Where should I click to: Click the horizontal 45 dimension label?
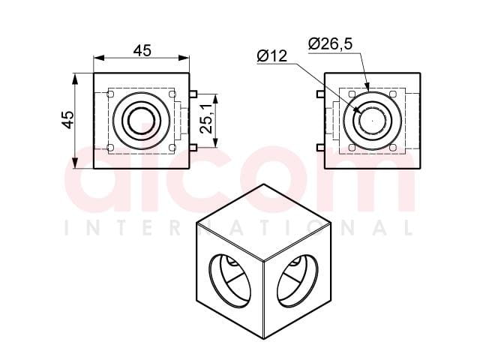click(142, 50)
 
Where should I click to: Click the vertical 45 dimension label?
click(67, 120)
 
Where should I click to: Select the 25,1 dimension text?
click(206, 118)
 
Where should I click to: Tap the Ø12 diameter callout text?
click(272, 56)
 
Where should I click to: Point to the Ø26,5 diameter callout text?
click(331, 43)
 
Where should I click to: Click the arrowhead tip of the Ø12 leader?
click(361, 112)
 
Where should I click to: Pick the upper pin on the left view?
click(193, 94)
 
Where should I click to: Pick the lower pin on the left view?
click(193, 148)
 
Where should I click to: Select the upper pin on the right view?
click(320, 94)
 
